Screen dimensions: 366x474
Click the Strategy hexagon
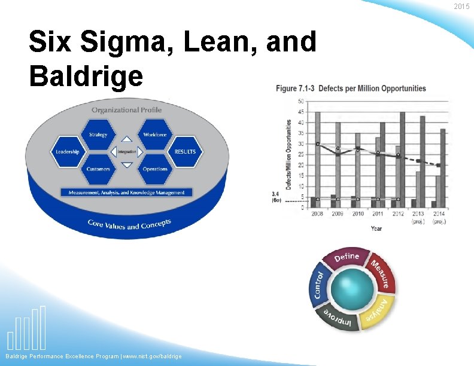[x=98, y=135]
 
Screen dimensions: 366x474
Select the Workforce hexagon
[x=155, y=135]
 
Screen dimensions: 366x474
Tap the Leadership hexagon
[x=67, y=152]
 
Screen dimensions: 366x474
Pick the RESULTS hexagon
[x=185, y=152]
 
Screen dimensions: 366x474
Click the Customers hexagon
[x=98, y=169]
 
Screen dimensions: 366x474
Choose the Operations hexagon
[x=155, y=169]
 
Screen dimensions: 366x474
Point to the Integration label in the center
[x=127, y=152]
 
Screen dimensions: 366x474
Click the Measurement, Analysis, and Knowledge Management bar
[x=126, y=193]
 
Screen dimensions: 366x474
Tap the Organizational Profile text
[x=126, y=110]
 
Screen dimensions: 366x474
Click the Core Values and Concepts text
[x=129, y=224]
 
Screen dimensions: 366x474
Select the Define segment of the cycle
[x=347, y=257]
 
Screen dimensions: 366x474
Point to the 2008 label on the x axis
[x=318, y=213]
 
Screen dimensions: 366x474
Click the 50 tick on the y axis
[x=300, y=101]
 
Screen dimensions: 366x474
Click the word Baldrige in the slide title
[x=86, y=75]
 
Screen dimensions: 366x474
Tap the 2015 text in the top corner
[x=461, y=7]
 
